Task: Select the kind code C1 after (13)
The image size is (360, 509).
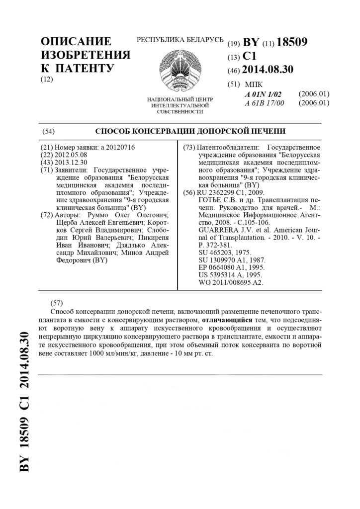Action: (250, 56)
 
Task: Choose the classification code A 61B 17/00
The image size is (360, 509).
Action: (264, 103)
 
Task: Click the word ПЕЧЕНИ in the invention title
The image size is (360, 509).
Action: (265, 132)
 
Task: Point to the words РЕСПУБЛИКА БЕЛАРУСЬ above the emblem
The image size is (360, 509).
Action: (180, 40)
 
